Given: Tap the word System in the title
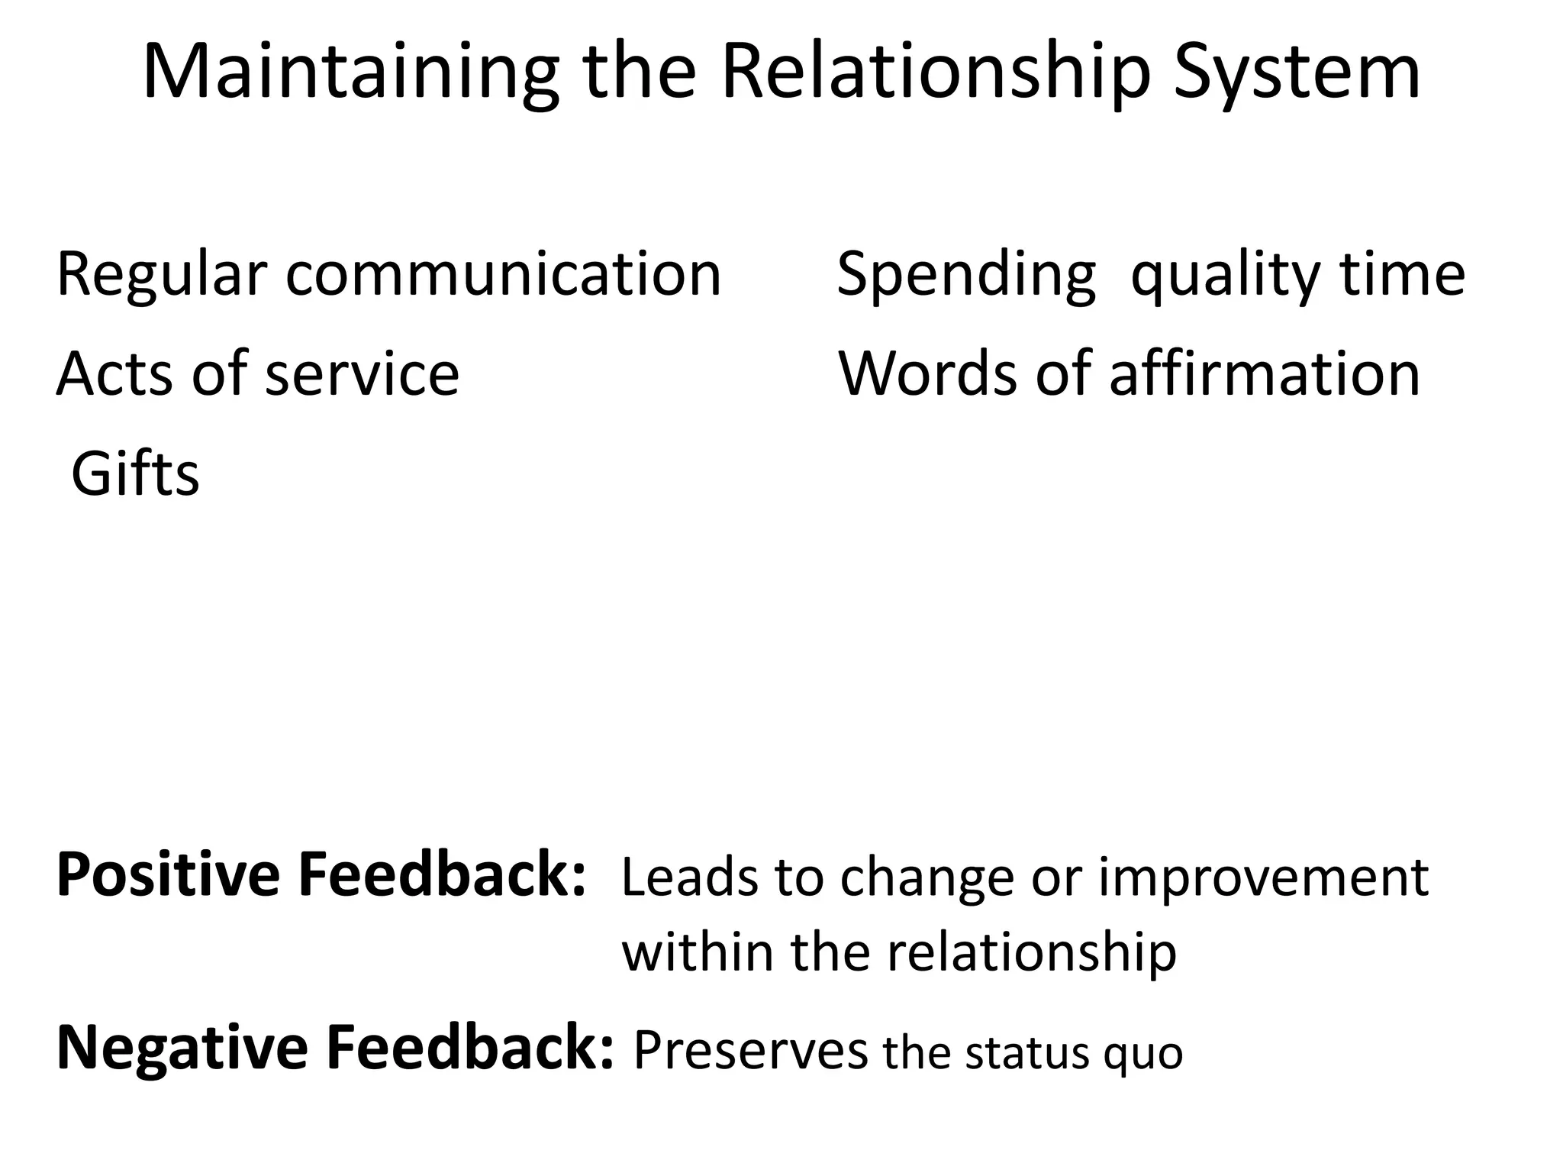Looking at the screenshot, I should pyautogui.click(x=1297, y=73).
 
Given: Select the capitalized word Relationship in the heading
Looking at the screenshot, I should pyautogui.click(x=935, y=73).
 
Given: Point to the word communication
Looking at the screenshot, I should pyautogui.click(x=503, y=275).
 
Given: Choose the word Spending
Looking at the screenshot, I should pyautogui.click(x=966, y=275).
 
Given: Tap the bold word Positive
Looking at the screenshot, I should pyautogui.click(x=169, y=875).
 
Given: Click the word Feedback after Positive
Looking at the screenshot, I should pyautogui.click(x=443, y=875).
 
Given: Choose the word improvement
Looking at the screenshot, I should pyautogui.click(x=1263, y=878).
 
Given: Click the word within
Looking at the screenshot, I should pyautogui.click(x=698, y=952).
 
